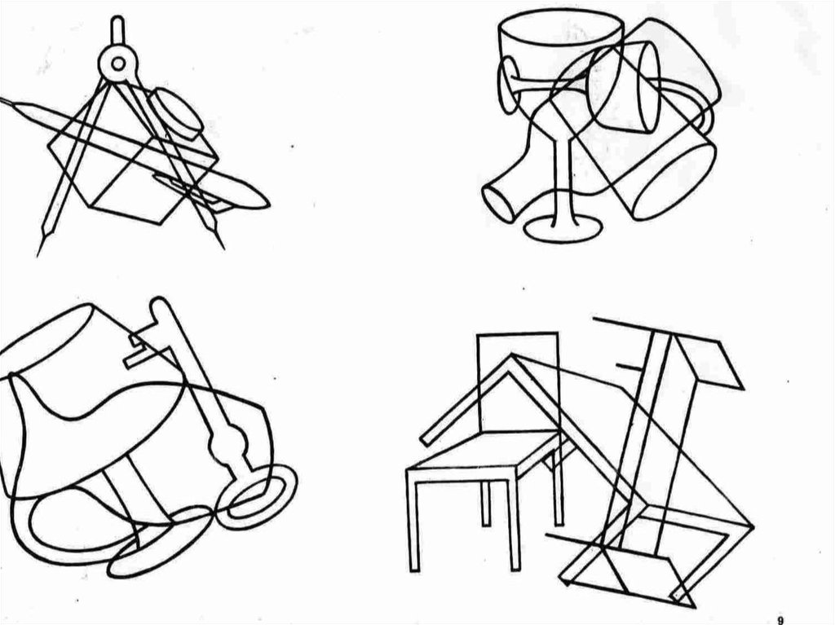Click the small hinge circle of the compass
[x=118, y=64]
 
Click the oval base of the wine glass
[x=563, y=230]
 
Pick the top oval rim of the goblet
[x=561, y=27]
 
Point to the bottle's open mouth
[x=498, y=203]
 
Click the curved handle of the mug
[x=687, y=103]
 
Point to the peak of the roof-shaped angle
[x=511, y=355]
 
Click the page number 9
[x=780, y=619]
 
